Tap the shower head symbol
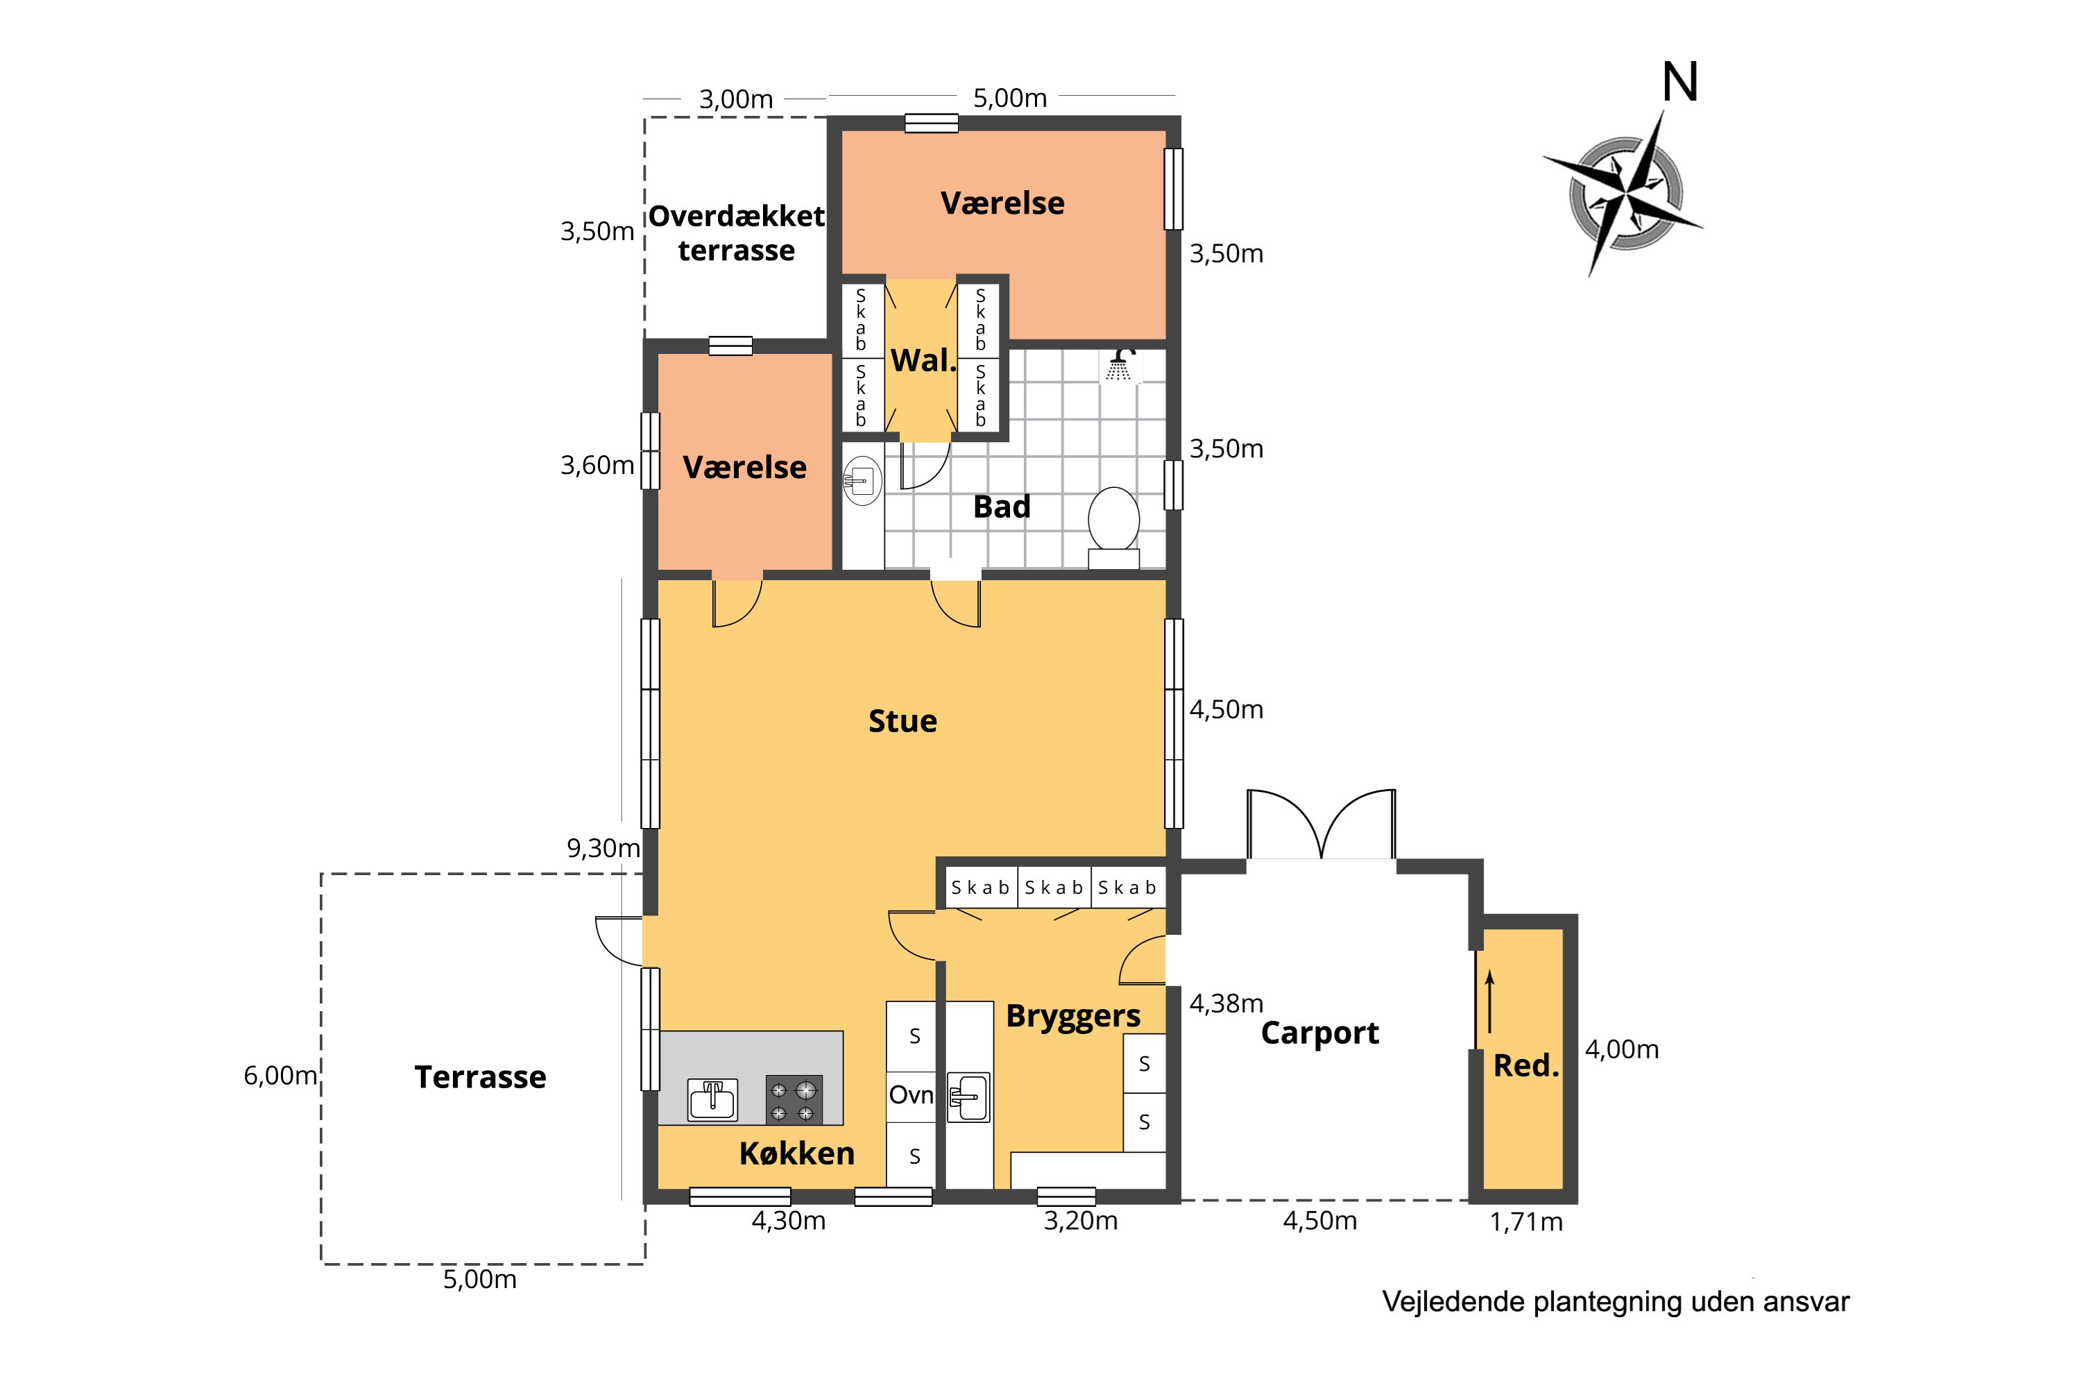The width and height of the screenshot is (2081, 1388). pyautogui.click(x=1120, y=366)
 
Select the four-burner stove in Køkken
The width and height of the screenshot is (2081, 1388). pyautogui.click(x=793, y=1100)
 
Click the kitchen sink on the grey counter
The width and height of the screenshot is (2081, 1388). pyautogui.click(x=712, y=1100)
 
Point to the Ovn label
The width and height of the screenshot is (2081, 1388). pyautogui.click(x=911, y=1095)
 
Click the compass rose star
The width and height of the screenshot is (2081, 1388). pyautogui.click(x=1625, y=192)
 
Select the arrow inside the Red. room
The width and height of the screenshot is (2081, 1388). pyautogui.click(x=1490, y=1001)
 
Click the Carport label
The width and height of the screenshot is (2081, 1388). pyautogui.click(x=1319, y=1033)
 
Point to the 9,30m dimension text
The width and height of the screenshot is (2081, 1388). pyautogui.click(x=603, y=848)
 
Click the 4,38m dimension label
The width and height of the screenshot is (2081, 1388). pyautogui.click(x=1226, y=1003)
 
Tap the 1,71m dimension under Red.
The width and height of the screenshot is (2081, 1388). pyautogui.click(x=1526, y=1221)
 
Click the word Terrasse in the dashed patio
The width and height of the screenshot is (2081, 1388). pyautogui.click(x=481, y=1076)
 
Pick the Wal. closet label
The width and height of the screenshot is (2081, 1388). pyautogui.click(x=923, y=360)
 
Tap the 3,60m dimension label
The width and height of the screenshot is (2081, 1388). pyautogui.click(x=597, y=465)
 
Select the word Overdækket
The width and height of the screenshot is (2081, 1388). pyautogui.click(x=736, y=215)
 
